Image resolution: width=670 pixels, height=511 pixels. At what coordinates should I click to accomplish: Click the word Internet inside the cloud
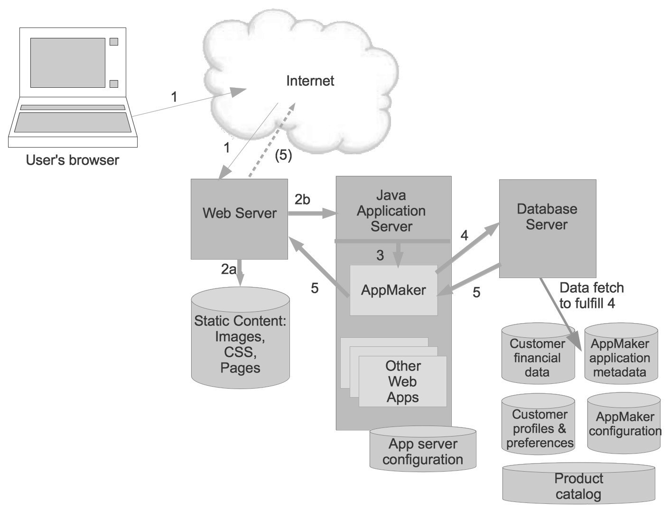click(310, 81)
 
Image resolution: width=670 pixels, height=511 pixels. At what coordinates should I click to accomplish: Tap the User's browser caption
click(72, 160)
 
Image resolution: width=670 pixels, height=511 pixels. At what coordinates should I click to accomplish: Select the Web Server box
click(239, 219)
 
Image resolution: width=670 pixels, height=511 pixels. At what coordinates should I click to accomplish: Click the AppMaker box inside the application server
click(393, 290)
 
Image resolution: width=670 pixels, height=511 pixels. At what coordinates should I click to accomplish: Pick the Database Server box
click(548, 228)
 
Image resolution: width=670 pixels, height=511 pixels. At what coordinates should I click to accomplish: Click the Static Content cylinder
click(240, 337)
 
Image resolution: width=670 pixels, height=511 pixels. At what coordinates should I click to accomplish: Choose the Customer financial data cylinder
click(538, 353)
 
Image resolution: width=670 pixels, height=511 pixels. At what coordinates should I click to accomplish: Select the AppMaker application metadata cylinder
click(621, 353)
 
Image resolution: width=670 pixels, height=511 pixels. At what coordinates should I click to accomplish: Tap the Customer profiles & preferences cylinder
click(538, 424)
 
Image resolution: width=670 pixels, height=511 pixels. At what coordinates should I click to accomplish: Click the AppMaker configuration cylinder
click(624, 423)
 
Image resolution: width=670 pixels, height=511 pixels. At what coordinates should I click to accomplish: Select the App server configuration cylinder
click(423, 449)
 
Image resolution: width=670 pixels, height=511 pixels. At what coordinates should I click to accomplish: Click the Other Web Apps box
click(402, 381)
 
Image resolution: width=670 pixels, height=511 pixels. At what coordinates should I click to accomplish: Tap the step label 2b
click(302, 200)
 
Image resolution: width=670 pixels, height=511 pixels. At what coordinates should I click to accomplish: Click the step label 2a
click(228, 269)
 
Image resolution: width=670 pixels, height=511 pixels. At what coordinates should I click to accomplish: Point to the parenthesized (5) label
click(283, 155)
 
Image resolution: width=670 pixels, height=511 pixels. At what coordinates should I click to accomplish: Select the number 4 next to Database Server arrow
click(464, 235)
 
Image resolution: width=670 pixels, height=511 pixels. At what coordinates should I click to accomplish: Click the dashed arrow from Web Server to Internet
click(272, 140)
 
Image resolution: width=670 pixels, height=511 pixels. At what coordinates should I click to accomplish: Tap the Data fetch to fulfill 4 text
click(591, 295)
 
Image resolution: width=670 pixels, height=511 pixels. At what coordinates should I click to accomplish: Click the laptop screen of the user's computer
click(68, 63)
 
